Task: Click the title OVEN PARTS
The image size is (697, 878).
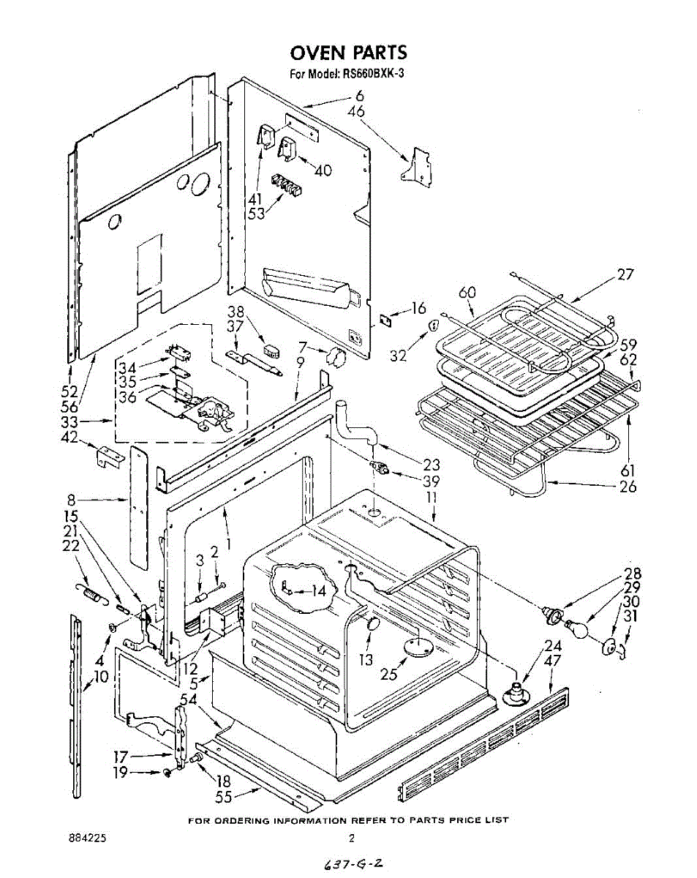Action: pos(348,53)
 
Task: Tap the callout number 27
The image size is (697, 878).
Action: pos(625,275)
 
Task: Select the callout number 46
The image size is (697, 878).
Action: pos(356,112)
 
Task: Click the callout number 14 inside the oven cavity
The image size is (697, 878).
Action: pos(317,590)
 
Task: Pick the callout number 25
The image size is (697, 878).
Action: pos(389,674)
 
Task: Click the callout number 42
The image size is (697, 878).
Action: pos(69,439)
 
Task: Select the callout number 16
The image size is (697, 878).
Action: pos(418,308)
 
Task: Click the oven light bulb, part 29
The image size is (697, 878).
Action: pos(576,627)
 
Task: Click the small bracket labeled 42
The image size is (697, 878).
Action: pos(108,457)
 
